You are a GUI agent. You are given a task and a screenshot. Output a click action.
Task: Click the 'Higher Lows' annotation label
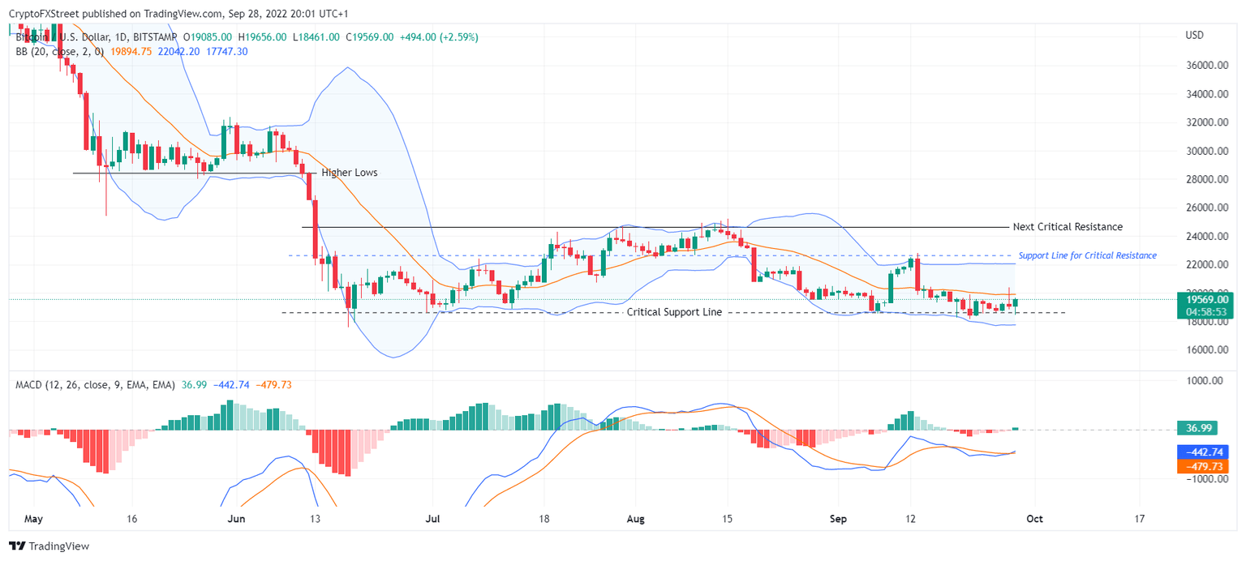[349, 173]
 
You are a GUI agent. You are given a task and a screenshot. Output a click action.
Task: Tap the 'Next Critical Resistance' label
[1068, 227]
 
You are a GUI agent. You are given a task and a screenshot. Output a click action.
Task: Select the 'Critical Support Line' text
[674, 312]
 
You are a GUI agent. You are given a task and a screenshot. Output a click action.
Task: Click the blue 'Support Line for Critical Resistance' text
[1087, 255]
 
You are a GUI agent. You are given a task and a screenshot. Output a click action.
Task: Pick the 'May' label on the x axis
[32, 519]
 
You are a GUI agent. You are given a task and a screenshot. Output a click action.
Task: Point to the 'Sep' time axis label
[840, 519]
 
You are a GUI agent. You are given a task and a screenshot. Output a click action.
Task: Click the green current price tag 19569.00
[1205, 299]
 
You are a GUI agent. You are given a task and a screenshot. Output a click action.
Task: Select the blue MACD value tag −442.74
[1204, 452]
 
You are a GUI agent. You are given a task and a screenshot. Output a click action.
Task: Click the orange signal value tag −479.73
[1204, 466]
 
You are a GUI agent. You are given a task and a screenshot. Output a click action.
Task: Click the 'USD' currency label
[1194, 36]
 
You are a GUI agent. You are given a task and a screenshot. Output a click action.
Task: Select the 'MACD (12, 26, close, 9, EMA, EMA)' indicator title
[95, 385]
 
